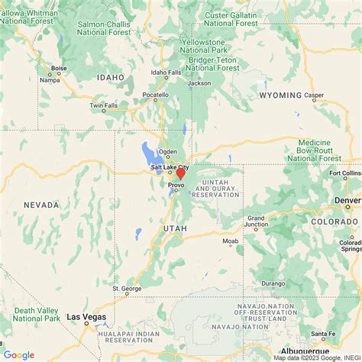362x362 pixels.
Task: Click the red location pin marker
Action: tap(180, 173)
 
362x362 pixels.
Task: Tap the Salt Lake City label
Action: tap(170, 166)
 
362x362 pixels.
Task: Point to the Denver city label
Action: tap(347, 201)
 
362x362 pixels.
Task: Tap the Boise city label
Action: tap(59, 67)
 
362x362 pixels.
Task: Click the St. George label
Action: tap(127, 289)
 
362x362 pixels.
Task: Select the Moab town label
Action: tap(231, 241)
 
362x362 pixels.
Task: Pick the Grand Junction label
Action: tap(257, 221)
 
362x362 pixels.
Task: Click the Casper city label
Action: tap(314, 95)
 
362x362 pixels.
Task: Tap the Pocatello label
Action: tap(156, 95)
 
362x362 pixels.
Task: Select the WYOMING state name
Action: tap(280, 95)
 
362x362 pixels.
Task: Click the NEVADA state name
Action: tap(41, 205)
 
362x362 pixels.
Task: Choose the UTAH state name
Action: tap(174, 228)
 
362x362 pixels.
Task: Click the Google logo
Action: tap(18, 354)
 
